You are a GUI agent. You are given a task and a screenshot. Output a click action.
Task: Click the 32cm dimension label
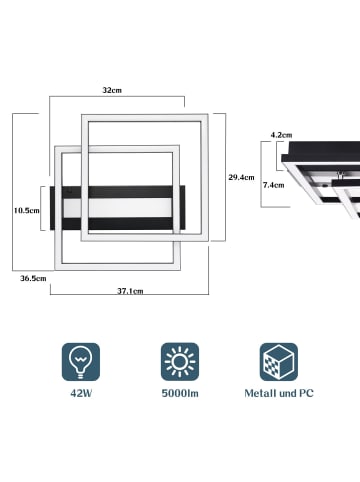112,90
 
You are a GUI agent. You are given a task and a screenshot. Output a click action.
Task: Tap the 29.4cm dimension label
241,177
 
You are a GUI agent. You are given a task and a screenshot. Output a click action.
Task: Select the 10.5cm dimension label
27,210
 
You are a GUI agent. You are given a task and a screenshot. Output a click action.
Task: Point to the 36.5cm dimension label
33,278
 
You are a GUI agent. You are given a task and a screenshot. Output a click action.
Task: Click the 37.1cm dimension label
130,291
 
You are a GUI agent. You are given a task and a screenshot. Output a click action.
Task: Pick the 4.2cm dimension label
281,135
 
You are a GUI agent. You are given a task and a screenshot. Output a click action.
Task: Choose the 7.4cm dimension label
273,185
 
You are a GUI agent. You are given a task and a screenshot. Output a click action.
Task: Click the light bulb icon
81,362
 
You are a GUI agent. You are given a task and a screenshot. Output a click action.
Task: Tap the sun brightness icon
180,362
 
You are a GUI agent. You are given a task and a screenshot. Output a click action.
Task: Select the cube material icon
279,362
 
